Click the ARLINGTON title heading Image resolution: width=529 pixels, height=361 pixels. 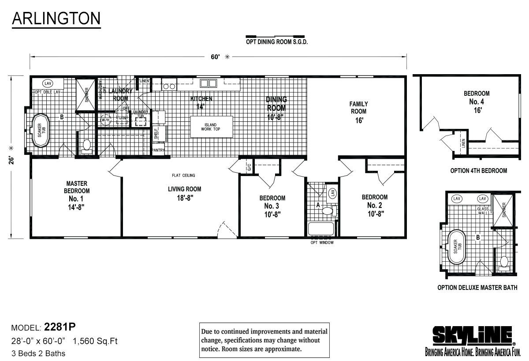[56, 19]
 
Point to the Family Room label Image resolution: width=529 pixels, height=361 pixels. [359, 112]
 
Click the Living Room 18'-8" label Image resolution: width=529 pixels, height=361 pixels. [184, 193]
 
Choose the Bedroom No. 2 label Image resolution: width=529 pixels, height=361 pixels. [374, 205]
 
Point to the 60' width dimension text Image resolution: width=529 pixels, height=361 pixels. [215, 57]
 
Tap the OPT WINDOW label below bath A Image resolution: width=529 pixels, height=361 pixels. [322, 243]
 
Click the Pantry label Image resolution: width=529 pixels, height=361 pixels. [158, 150]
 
